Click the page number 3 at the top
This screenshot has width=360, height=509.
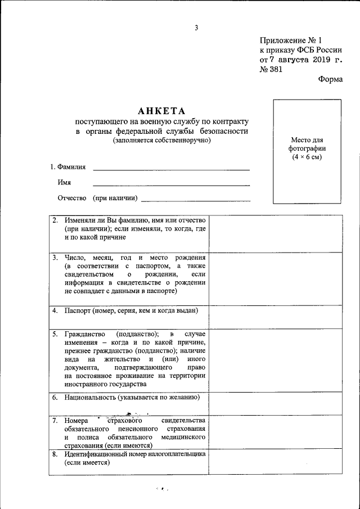[197, 28]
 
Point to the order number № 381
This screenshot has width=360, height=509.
[271, 70]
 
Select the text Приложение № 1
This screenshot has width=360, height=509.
[292, 40]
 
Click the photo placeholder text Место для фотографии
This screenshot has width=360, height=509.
[308, 148]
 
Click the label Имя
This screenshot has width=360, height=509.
[64, 183]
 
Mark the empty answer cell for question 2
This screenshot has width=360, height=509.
[276, 233]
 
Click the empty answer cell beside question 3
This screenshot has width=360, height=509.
[276, 279]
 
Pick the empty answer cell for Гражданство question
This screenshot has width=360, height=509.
[276, 360]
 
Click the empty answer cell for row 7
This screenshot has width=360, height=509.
[276, 432]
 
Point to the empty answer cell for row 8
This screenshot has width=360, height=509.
[276, 462]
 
